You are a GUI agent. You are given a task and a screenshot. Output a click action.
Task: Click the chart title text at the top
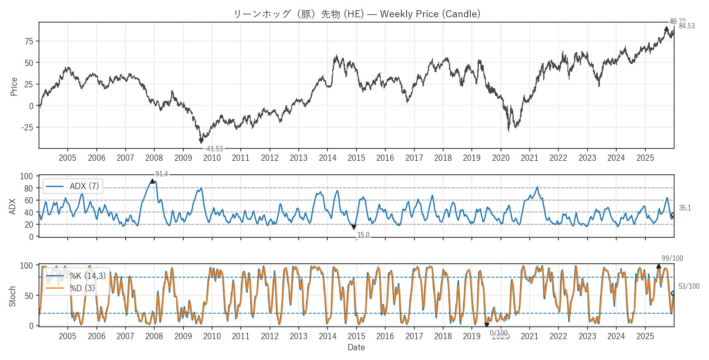pyautogui.click(x=357, y=14)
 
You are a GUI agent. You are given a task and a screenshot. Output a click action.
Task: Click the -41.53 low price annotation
pyautogui.click(x=214, y=149)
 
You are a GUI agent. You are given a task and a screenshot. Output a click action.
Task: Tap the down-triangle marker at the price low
pyautogui.click(x=201, y=141)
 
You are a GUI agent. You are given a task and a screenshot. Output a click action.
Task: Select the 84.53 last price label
pyautogui.click(x=687, y=26)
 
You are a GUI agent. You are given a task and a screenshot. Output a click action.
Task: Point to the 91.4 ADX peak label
pyautogui.click(x=162, y=174)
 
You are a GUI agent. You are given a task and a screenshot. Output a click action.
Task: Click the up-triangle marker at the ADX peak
pyautogui.click(x=152, y=181)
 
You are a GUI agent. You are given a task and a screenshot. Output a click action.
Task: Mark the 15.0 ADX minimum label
pyautogui.click(x=363, y=235)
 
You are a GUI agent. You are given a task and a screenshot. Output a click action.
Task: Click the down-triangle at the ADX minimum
pyautogui.click(x=354, y=227)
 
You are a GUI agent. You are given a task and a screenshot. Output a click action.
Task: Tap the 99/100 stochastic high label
pyautogui.click(x=672, y=258)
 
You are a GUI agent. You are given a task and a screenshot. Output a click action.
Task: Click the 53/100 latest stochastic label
pyautogui.click(x=689, y=286)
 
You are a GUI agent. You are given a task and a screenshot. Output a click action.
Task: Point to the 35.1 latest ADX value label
pyautogui.click(x=685, y=208)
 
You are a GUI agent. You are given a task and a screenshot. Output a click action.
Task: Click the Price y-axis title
pyautogui.click(x=14, y=87)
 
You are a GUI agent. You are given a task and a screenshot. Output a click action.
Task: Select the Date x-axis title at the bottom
pyautogui.click(x=356, y=347)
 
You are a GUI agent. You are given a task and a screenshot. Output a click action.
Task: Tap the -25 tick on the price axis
pyautogui.click(x=27, y=128)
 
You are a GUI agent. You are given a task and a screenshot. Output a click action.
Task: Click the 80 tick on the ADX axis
pyautogui.click(x=29, y=189)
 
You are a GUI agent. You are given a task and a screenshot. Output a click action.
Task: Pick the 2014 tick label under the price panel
pyautogui.click(x=327, y=158)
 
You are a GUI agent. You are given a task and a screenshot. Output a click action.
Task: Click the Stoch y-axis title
pyautogui.click(x=12, y=296)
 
